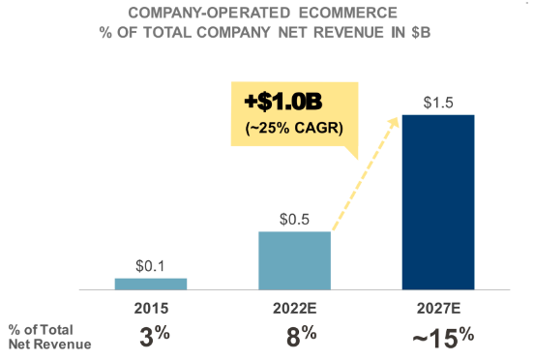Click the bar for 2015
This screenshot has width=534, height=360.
(x=151, y=284)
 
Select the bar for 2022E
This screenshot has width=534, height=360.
(x=295, y=260)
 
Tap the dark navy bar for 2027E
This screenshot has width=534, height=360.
(x=438, y=202)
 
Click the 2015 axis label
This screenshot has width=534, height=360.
(x=151, y=310)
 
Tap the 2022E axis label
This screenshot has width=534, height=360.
(x=295, y=310)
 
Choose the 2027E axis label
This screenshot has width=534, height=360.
(x=438, y=310)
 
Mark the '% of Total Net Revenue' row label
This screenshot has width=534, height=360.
(x=48, y=336)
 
